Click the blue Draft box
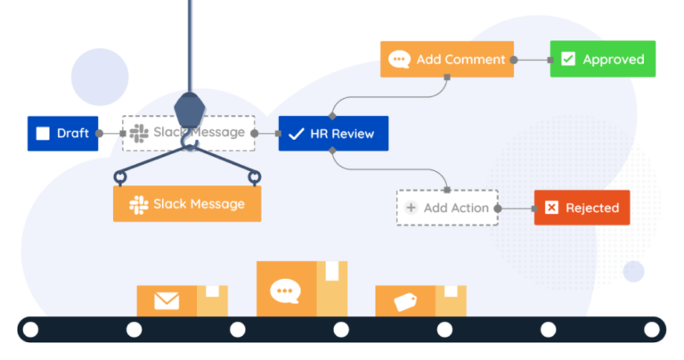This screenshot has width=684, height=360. (62, 133)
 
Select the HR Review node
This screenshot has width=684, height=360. (333, 134)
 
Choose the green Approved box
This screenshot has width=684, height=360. (602, 59)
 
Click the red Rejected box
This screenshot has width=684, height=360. (582, 208)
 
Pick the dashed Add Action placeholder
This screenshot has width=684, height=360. (447, 208)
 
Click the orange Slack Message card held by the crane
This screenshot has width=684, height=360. (187, 204)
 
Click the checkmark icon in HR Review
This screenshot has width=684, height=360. (297, 134)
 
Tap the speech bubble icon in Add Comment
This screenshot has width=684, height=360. (399, 60)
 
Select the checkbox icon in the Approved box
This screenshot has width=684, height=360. (568, 60)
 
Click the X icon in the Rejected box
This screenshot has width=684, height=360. (551, 208)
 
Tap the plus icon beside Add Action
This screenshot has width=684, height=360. (411, 208)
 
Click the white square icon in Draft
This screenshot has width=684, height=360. (43, 134)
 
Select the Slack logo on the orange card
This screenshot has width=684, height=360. (138, 204)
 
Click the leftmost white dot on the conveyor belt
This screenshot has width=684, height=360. (31, 330)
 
